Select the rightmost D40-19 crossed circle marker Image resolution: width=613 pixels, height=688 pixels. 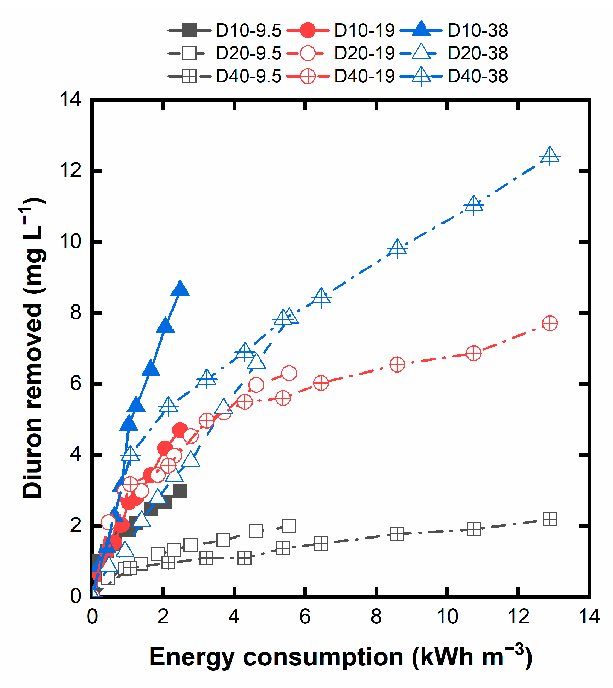pos(550,323)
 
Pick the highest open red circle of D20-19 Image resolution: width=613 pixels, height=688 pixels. pos(289,373)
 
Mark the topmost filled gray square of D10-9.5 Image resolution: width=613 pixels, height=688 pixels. pos(180,491)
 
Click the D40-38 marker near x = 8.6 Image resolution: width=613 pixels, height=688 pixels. pos(397,248)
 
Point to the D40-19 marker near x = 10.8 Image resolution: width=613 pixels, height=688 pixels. pos(473,353)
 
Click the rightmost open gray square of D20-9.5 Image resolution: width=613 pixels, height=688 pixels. pos(289,526)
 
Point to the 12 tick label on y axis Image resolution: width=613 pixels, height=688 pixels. pos(70,170)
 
